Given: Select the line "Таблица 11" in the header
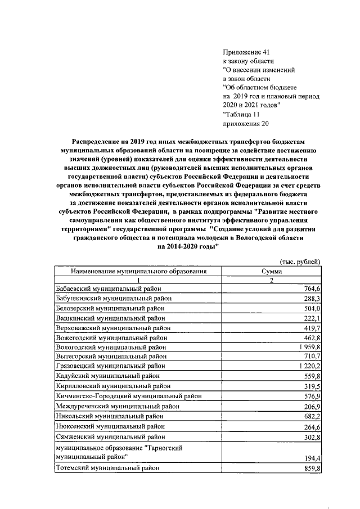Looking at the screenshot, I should [x=241, y=114].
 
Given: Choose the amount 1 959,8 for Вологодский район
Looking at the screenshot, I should [x=307, y=348].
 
